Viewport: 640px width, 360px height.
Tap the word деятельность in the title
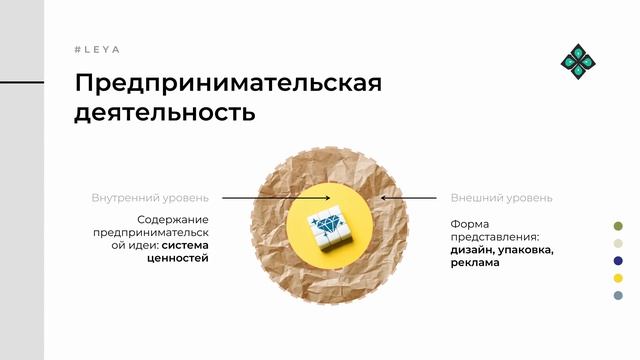[165, 112]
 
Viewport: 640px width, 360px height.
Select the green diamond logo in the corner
[579, 61]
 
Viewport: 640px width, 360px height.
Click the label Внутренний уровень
[150, 198]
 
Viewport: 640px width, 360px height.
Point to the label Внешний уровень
[501, 198]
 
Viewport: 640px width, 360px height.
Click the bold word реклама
[475, 263]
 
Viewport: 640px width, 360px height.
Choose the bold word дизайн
[470, 250]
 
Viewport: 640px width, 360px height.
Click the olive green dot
[618, 226]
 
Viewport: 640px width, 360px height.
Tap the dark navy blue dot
[618, 260]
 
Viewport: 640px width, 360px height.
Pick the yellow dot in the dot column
[618, 277]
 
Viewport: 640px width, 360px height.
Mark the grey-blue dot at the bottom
[618, 295]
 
